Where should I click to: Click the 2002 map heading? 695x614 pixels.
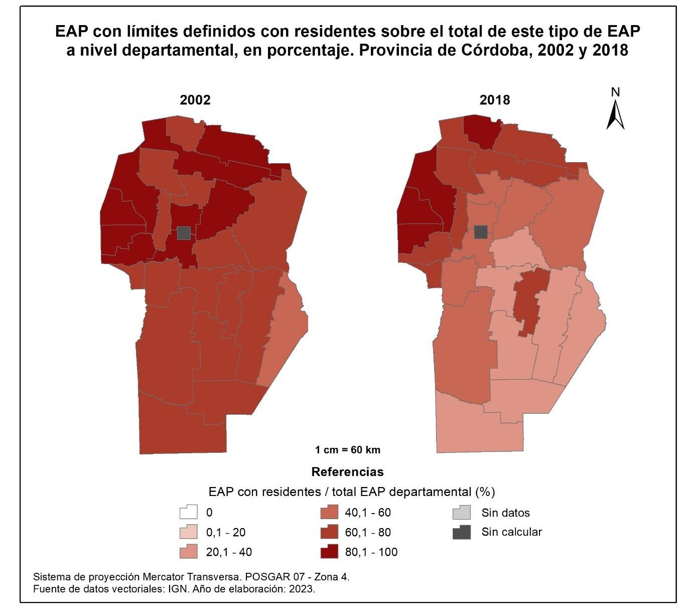[195, 99]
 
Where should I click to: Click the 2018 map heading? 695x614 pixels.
[494, 99]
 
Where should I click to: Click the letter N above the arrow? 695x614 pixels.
[616, 92]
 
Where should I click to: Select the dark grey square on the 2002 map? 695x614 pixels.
[184, 233]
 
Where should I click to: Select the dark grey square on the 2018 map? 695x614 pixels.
[481, 232]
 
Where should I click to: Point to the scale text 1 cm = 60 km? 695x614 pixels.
[347, 450]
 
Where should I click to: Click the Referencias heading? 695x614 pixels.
[347, 472]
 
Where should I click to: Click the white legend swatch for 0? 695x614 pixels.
[188, 513]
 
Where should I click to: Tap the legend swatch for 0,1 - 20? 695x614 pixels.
[188, 532]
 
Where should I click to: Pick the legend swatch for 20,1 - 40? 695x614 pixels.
[188, 552]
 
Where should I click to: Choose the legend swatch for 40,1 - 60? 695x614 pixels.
[329, 513]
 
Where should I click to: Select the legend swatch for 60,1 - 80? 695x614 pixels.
[329, 532]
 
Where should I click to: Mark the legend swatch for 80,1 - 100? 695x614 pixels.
[329, 552]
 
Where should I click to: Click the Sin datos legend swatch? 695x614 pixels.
[462, 513]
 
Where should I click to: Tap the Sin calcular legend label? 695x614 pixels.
[511, 532]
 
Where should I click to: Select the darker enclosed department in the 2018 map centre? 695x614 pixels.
[530, 296]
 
